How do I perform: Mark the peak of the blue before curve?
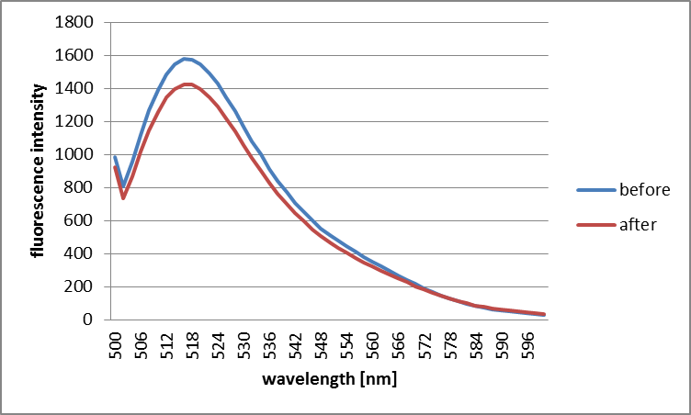(x=185, y=59)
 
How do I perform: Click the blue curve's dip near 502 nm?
(x=123, y=187)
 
